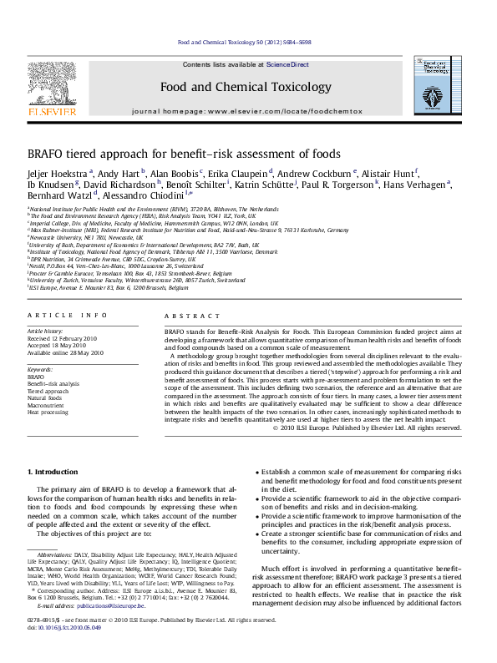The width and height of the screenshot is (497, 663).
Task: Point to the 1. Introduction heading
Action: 55,472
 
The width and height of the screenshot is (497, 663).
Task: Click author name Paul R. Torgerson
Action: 334,185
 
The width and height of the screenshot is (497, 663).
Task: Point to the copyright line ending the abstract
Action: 390,428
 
